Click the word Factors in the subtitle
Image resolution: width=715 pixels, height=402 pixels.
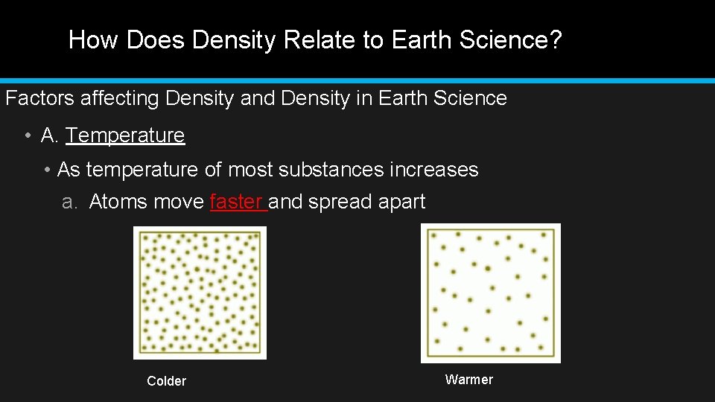click(34, 98)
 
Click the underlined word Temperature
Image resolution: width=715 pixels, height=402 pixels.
click(125, 135)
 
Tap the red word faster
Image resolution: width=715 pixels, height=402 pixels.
click(238, 202)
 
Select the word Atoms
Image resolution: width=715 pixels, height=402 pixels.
click(119, 202)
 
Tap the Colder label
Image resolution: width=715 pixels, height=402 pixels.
click(166, 381)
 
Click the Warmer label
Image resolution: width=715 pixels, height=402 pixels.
click(468, 380)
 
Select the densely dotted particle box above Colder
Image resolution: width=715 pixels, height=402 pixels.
click(200, 293)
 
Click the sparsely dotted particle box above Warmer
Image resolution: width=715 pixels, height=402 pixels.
click(490, 293)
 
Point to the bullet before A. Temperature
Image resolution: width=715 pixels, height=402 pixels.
click(26, 135)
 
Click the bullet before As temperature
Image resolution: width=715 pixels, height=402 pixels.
click(47, 170)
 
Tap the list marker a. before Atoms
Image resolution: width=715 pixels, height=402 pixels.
click(69, 202)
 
